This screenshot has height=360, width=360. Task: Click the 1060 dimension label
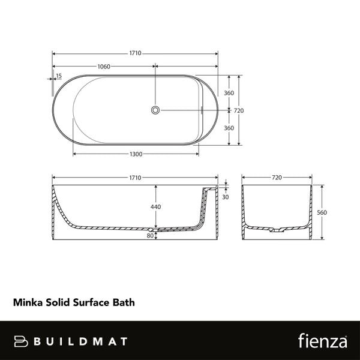(103, 67)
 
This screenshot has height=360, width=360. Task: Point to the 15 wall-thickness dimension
(58, 76)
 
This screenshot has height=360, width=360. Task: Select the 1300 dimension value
(136, 154)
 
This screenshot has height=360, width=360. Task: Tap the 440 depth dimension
(155, 207)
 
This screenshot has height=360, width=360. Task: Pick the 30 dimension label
(225, 197)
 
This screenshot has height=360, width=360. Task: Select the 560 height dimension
(322, 212)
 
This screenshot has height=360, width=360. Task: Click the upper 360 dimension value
(228, 93)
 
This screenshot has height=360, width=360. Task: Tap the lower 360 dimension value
(228, 128)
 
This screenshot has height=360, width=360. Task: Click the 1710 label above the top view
(135, 53)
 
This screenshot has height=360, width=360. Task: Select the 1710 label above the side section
(135, 178)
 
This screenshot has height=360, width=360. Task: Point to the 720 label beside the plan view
(238, 110)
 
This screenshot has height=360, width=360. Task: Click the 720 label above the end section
(277, 178)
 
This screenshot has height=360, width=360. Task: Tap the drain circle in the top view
(155, 110)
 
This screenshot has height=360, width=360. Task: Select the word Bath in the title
(124, 303)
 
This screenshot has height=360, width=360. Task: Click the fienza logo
(322, 341)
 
